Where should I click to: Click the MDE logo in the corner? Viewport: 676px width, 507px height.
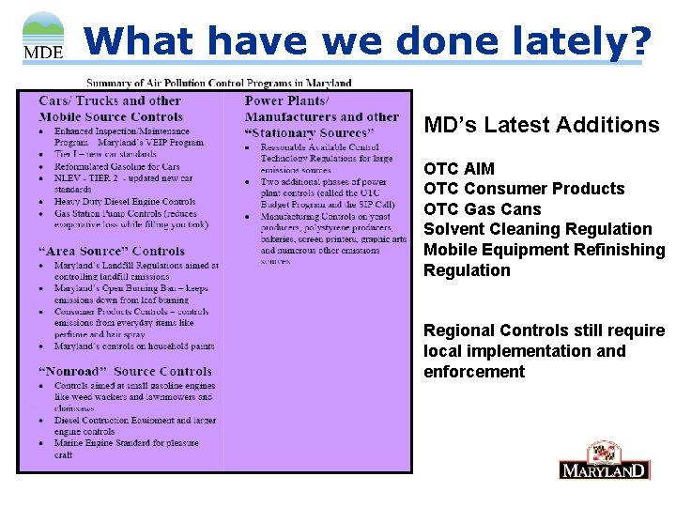point(42,35)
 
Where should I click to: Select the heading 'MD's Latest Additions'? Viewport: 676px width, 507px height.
point(542,125)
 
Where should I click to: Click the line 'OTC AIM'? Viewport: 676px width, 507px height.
point(454,169)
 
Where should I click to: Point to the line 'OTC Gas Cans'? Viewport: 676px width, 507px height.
point(483,209)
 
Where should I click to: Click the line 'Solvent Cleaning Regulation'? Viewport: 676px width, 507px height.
point(537,229)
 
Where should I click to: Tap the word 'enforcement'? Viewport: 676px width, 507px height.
point(474,372)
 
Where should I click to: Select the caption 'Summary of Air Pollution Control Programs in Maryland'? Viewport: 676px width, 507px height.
point(219,83)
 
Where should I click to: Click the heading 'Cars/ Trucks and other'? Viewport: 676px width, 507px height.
point(110,101)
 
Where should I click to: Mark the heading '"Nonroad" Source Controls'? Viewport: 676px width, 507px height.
point(125,372)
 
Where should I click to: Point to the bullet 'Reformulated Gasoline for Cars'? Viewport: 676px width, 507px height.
point(117,166)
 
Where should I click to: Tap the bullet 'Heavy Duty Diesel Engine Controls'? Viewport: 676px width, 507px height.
point(125,202)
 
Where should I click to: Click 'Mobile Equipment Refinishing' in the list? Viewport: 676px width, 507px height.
point(544,250)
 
